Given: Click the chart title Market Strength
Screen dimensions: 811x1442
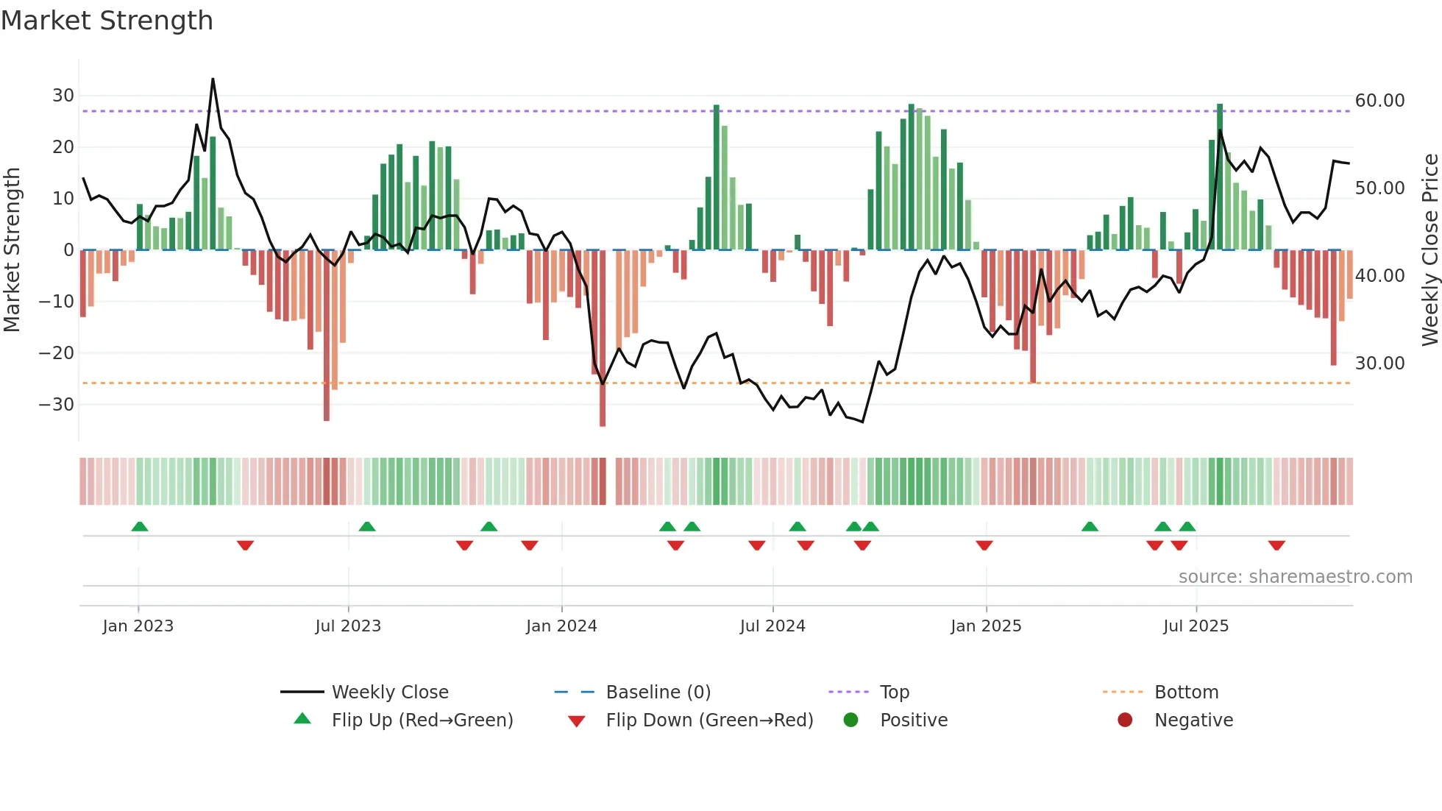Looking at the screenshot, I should pos(107,21).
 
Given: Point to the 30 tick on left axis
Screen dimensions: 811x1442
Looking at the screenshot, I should pos(63,96).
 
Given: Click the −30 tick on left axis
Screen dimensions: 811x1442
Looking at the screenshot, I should pos(57,404).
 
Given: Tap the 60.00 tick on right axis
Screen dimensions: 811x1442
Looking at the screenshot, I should pos(1379,101).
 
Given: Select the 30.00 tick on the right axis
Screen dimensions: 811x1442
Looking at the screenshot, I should pos(1379,363).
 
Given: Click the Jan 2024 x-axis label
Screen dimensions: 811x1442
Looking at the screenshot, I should pos(561,626).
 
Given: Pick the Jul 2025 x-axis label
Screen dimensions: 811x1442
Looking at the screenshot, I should pos(1196,626).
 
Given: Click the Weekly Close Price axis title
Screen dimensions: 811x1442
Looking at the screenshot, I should pos(1429,250).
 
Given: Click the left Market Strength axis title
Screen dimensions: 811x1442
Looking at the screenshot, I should pos(12,250).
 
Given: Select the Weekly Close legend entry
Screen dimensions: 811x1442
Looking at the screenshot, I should pos(390,693).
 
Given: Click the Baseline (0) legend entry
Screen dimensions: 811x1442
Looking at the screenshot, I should pos(658,693).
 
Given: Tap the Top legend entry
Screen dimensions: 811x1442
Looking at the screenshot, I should pos(894,693).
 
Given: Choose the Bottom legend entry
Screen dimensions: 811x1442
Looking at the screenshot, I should pos(1186,693).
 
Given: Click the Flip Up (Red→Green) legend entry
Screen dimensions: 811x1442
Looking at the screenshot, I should pos(422,720).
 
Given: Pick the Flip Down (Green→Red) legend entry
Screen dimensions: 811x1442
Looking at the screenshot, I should pos(709,720).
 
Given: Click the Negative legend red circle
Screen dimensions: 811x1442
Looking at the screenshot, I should pos(1125,720).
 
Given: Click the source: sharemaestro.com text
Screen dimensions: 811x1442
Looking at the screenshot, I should pos(1295,577).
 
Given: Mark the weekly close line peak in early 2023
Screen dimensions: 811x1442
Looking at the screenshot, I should pos(213,79).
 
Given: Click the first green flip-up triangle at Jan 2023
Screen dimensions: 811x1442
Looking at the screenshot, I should pos(140,526).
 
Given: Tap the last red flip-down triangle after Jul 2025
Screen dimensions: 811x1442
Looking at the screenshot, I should pos(1276,545).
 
